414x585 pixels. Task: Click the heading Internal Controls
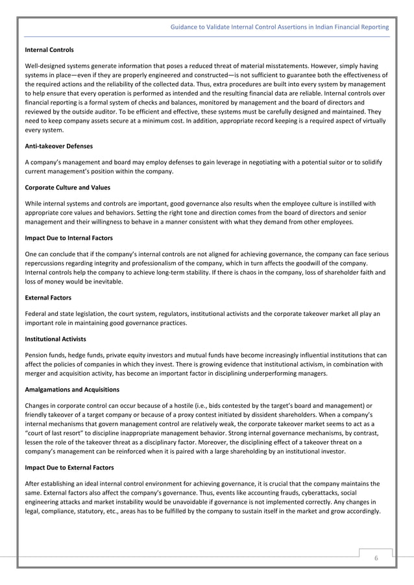49,50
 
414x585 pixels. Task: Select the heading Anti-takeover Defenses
58,146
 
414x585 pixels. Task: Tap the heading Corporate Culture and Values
67,187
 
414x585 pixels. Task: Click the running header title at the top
279,27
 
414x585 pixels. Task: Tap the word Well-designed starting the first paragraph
43,66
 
